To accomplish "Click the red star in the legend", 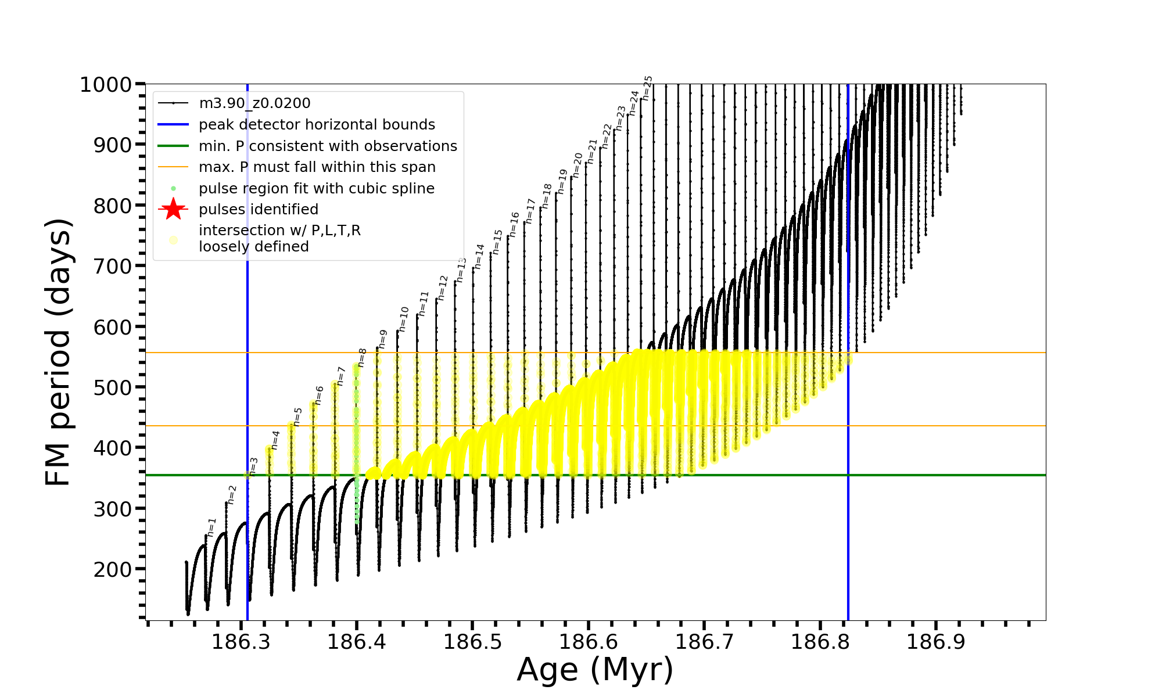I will [173, 209].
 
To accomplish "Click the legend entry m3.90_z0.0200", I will [254, 103].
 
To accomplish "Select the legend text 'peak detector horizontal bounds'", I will [317, 125].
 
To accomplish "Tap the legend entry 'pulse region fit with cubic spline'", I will [316, 189].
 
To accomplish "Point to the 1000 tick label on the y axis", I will [106, 85].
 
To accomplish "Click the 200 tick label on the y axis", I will [113, 569].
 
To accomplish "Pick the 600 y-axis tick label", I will [113, 327].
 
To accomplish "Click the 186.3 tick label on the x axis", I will [240, 642].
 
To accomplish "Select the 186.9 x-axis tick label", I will [935, 642].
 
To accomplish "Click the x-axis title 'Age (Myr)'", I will [595, 670].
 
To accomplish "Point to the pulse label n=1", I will [211, 527].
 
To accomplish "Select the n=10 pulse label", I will [404, 319].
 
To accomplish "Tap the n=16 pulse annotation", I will [514, 225].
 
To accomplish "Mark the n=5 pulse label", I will [297, 416].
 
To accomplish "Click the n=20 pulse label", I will [578, 166].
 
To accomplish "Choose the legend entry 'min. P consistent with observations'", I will [328, 146].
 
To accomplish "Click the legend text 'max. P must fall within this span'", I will [317, 167].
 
